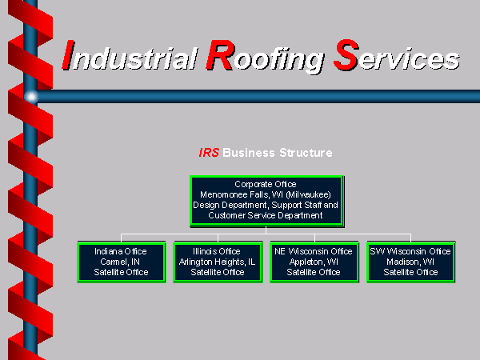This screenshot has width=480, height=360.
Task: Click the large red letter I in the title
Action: point(68,54)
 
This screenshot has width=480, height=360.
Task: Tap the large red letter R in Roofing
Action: point(220,54)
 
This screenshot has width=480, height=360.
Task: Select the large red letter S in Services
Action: point(346,54)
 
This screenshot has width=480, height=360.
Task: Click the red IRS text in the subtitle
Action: point(209,153)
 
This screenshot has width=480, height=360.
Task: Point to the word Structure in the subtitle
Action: point(306,153)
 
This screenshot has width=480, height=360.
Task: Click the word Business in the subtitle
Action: point(249,153)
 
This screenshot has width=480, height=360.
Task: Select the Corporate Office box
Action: point(267,201)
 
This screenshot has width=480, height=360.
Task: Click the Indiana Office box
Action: point(122,262)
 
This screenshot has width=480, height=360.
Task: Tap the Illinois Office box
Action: point(218,262)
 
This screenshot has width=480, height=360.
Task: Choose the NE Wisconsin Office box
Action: point(314,262)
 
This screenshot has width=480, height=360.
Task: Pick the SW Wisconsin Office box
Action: point(411,262)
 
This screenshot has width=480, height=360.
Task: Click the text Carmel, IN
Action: point(120,262)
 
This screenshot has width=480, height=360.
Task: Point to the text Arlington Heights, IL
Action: point(217,262)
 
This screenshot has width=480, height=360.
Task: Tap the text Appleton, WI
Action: point(314,262)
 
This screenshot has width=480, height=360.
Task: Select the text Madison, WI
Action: point(410,262)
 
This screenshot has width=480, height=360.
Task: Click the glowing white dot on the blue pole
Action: point(31,97)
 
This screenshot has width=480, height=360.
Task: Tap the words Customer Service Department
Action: point(266,215)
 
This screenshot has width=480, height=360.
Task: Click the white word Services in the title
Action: point(397,55)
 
